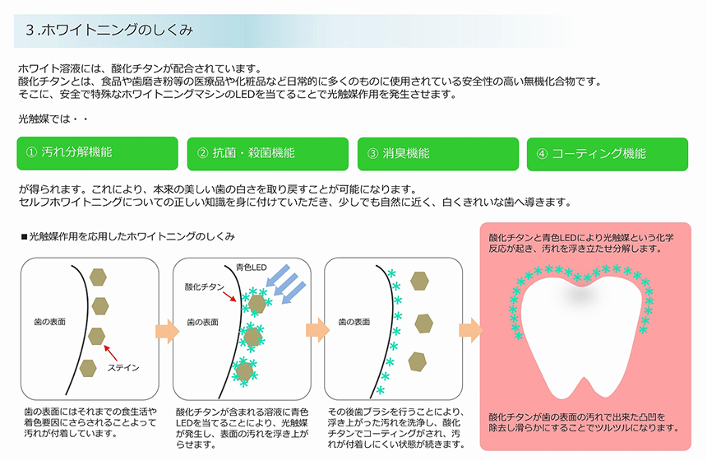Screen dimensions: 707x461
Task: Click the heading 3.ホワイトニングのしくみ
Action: click(109, 30)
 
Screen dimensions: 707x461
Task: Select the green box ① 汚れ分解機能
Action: click(97, 153)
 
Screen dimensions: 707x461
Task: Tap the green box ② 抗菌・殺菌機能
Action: click(268, 154)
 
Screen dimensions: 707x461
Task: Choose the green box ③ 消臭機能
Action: click(438, 154)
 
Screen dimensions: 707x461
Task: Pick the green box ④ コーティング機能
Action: click(608, 155)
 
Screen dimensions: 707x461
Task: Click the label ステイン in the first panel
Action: click(123, 368)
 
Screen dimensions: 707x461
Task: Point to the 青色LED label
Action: click(251, 268)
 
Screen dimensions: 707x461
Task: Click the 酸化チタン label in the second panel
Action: click(204, 286)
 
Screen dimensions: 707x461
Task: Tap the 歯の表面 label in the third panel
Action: click(354, 322)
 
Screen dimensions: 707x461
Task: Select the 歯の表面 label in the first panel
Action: click(49, 322)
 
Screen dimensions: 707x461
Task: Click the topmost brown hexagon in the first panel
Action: click(98, 277)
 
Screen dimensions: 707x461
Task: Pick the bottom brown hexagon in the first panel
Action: click(88, 369)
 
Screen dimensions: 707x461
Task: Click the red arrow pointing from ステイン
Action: click(110, 353)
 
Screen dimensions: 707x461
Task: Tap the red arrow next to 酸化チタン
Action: click(229, 296)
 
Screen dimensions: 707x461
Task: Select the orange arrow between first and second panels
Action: click(167, 332)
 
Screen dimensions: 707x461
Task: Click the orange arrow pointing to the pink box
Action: click(471, 330)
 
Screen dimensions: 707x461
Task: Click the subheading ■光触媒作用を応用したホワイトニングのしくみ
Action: click(128, 236)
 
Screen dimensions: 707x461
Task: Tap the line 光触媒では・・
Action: click(53, 119)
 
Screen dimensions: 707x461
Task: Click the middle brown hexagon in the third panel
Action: click(424, 324)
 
